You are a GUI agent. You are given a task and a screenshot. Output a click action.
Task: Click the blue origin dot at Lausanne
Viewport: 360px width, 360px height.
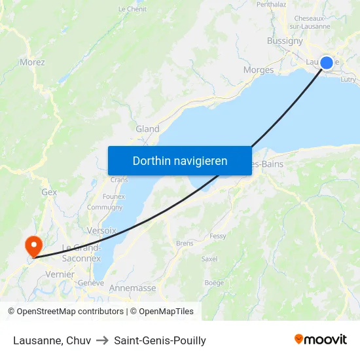pos(327,63)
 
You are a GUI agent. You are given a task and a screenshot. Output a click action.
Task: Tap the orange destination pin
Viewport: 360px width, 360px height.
pos(33,246)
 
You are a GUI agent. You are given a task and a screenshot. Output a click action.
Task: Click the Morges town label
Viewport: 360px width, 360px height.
pos(258,70)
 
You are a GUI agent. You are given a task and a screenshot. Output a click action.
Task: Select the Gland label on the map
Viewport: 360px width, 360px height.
pos(147,129)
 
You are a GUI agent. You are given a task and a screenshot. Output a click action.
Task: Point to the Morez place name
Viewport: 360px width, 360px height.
pos(32,62)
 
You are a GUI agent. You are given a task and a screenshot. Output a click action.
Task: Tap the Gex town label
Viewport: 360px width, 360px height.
pos(49,192)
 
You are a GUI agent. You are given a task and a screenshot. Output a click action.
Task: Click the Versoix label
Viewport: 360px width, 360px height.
pos(101,230)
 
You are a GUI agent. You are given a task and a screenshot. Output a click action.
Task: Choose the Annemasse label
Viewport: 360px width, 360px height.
pos(133,288)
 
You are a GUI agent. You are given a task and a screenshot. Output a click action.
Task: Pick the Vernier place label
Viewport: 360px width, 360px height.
pos(60,275)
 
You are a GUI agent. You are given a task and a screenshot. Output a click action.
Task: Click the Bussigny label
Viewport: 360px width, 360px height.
pos(285,41)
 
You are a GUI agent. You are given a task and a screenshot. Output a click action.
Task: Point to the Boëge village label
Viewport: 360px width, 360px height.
pos(214,283)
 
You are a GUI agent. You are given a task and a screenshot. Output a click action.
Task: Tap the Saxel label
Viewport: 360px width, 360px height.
pos(209,259)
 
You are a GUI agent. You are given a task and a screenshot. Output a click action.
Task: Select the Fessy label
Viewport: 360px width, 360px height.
pos(218,236)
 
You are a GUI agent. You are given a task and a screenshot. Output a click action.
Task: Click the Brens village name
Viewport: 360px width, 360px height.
pos(185,243)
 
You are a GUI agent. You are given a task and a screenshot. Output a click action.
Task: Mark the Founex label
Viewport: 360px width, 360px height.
pos(114,196)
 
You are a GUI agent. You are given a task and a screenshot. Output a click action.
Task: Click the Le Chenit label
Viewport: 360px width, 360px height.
pos(132,9)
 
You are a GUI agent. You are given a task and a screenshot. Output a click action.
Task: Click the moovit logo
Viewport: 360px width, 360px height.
pos(321,339)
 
